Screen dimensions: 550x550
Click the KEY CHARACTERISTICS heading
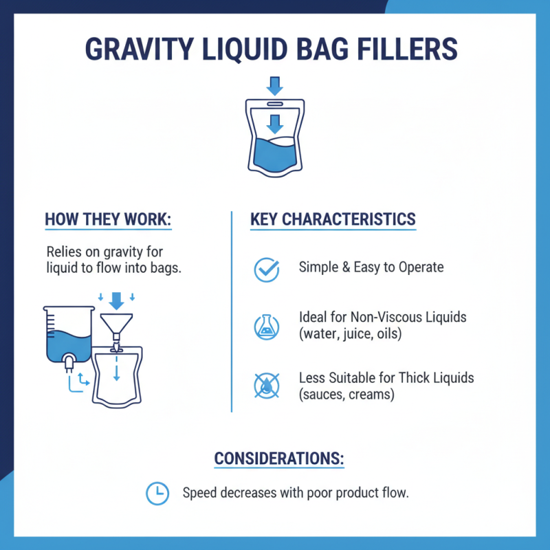tap(333, 220)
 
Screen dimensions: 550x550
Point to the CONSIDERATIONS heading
tap(279, 459)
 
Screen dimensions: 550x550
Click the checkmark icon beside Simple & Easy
tap(267, 269)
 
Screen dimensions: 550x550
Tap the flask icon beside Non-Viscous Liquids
tap(267, 326)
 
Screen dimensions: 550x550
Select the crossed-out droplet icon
tap(267, 385)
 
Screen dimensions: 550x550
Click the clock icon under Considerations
tap(158, 493)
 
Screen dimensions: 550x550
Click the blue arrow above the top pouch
tap(275, 86)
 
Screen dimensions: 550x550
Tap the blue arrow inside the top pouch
tap(275, 124)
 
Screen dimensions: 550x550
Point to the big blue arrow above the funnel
tap(115, 300)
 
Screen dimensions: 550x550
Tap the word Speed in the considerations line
tap(199, 493)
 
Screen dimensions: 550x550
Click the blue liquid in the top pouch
tap(275, 155)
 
